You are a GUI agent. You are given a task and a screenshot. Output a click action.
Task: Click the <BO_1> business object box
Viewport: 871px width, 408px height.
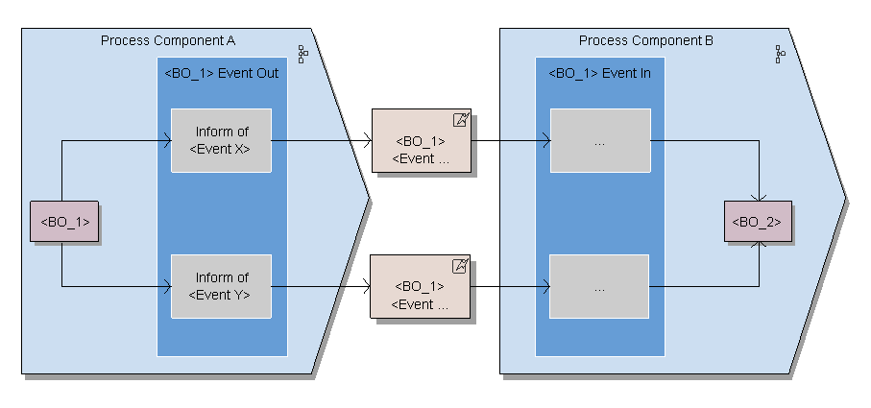pyautogui.click(x=65, y=222)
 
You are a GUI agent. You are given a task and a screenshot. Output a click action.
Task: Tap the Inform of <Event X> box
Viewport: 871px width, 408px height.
pyautogui.click(x=221, y=140)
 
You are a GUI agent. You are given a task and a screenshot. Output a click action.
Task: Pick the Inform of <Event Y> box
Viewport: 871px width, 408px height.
pyautogui.click(x=221, y=286)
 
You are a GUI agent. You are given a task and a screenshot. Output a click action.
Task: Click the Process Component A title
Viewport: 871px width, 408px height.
pyautogui.click(x=168, y=40)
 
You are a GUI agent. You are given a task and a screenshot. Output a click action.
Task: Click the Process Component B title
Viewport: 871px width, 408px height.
pyautogui.click(x=645, y=40)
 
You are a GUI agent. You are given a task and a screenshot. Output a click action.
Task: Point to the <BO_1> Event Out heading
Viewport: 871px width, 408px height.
pyautogui.click(x=222, y=73)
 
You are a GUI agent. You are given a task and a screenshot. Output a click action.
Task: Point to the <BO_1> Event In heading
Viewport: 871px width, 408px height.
pyautogui.click(x=599, y=73)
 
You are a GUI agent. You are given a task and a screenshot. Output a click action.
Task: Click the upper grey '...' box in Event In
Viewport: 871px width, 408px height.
pyautogui.click(x=600, y=141)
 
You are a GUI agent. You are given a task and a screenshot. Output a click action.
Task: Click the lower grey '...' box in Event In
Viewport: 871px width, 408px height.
pyautogui.click(x=599, y=287)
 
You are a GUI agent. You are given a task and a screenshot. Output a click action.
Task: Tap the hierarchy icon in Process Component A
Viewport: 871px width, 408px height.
pyautogui.click(x=302, y=54)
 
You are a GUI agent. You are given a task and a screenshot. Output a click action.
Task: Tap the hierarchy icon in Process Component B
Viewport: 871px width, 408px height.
pyautogui.click(x=780, y=54)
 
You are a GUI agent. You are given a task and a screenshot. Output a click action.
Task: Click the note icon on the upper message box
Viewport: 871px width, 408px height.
pyautogui.click(x=461, y=120)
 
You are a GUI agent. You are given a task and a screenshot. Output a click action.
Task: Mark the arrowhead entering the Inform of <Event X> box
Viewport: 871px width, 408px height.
pyautogui.click(x=167, y=141)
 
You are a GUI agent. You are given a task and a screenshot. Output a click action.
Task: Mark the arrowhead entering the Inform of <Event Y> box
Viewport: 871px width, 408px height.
pyautogui.click(x=167, y=286)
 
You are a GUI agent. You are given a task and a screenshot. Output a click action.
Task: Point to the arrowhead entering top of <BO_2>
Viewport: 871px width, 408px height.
pyautogui.click(x=761, y=198)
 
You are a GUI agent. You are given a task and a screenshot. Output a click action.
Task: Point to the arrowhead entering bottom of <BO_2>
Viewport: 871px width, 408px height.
pyautogui.click(x=761, y=246)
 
